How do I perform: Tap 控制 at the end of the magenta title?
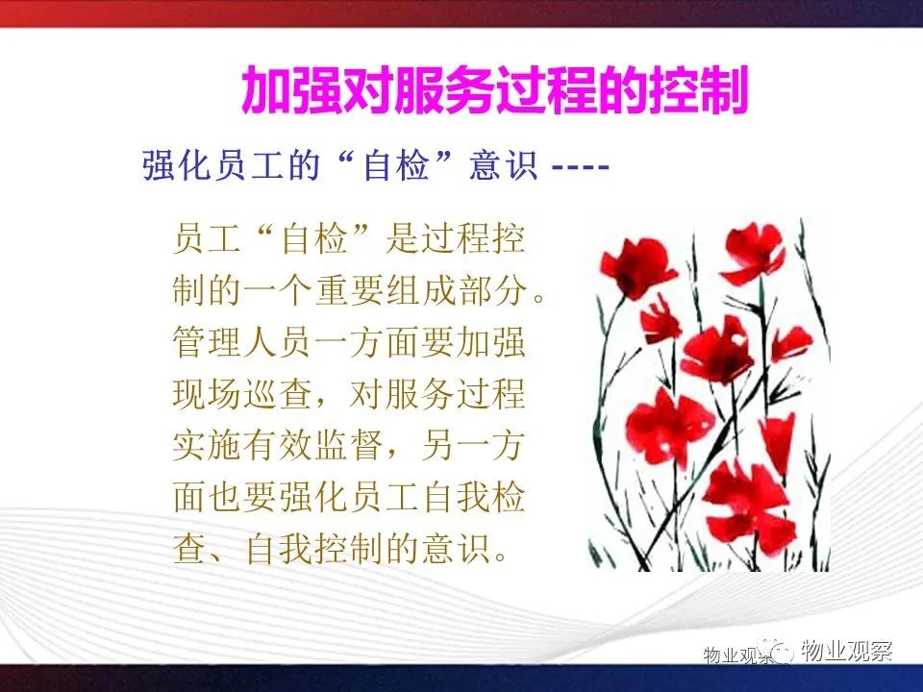tap(698, 90)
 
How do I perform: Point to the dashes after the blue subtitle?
tap(581, 167)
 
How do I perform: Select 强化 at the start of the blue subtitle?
tap(176, 165)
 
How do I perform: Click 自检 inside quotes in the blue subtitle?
tap(396, 165)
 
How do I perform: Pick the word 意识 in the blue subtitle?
tap(503, 165)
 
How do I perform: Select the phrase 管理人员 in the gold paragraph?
tap(242, 342)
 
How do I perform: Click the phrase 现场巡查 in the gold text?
tap(242, 394)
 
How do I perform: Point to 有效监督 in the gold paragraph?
tap(313, 445)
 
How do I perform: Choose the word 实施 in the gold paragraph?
tap(208, 445)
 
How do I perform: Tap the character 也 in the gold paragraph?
tap(225, 497)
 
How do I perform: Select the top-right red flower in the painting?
tap(754, 254)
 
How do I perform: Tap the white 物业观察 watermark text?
tap(846, 651)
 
